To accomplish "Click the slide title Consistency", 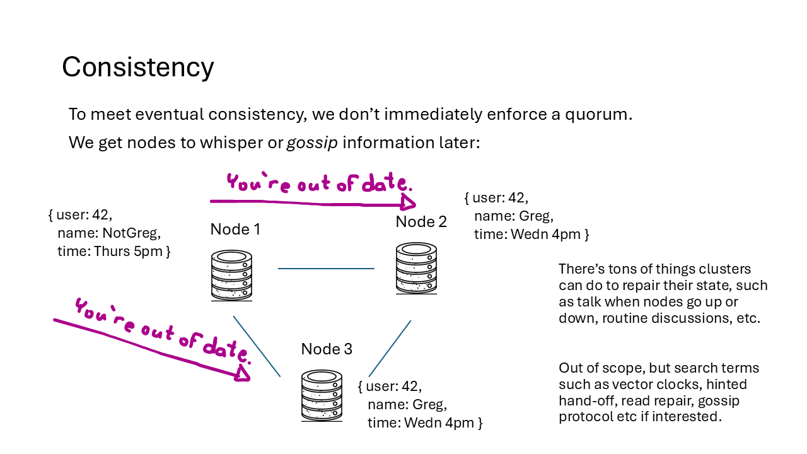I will [137, 67].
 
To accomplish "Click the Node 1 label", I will [235, 230].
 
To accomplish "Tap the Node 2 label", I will [421, 222].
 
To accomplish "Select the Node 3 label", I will [327, 349].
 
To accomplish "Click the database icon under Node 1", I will [231, 276].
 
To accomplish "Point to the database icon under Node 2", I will [416, 269].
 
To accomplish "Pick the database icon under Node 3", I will [322, 395].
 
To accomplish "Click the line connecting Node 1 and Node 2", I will [326, 269].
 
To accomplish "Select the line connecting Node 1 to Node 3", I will [257, 346].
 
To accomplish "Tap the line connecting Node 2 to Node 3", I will [390, 349].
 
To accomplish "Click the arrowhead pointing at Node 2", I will [408, 203].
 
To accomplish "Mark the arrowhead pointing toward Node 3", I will [243, 374].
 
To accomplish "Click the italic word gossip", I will [312, 143].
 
